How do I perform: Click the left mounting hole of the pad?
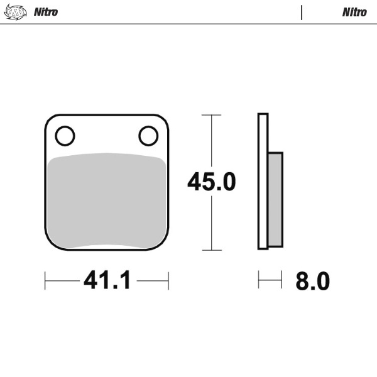coord(65,135)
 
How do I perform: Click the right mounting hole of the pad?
coord(148,135)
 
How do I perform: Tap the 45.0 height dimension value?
coord(211,182)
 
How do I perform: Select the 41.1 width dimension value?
coord(107,281)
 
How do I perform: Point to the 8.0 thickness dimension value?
coord(312,281)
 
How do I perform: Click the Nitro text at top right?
coord(354,12)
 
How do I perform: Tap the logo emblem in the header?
coord(16,12)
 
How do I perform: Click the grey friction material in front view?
coord(107,201)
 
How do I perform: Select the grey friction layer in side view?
coord(275,199)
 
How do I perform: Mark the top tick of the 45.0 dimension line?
coord(211,115)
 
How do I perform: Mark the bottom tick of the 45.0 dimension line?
coord(211,250)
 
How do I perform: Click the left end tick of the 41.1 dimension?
coord(45,281)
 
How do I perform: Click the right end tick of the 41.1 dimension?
coord(168,281)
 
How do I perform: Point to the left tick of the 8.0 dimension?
coord(258,280)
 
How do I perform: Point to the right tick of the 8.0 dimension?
coord(281,280)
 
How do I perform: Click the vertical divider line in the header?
coord(302,12)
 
